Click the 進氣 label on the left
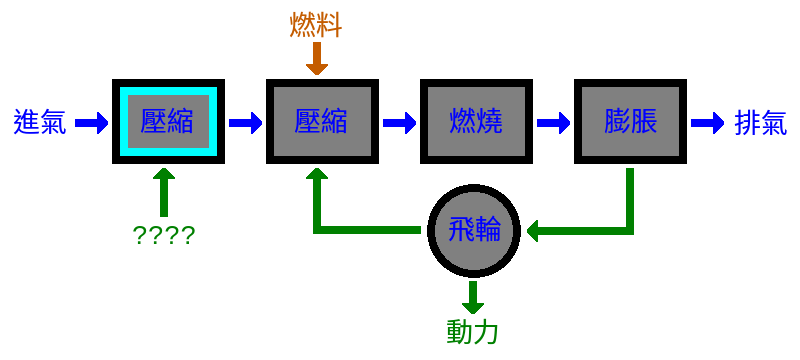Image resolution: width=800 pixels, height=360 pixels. (39, 123)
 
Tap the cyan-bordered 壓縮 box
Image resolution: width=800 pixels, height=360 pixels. (166, 123)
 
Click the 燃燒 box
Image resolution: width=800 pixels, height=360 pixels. (475, 123)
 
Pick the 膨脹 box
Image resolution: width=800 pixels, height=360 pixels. (629, 123)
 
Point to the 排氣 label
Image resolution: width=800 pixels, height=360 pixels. (761, 123)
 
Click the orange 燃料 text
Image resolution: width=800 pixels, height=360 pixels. (316, 25)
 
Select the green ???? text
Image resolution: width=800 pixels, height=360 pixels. (164, 236)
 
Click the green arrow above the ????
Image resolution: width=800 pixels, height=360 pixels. (165, 190)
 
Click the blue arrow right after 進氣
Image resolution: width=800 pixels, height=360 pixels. (91, 123)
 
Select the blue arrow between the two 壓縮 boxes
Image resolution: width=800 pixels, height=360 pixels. (244, 123)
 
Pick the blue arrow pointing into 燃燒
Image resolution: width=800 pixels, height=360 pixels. (399, 123)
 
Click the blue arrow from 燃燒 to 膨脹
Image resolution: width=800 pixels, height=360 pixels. (552, 123)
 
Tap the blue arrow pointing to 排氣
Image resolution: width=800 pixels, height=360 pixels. (706, 123)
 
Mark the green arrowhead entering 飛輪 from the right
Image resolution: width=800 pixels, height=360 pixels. (535, 232)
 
